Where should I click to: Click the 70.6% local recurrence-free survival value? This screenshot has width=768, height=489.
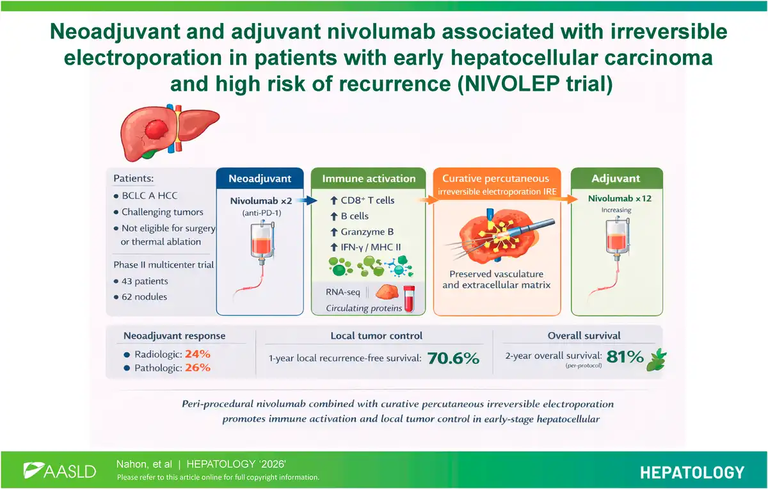coord(453,358)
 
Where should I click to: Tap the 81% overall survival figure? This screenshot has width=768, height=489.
coord(625,357)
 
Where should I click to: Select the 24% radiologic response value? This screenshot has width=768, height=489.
coord(198,354)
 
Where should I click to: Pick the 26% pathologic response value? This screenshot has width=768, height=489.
coord(198,367)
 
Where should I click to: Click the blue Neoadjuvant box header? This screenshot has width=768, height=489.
coord(260,179)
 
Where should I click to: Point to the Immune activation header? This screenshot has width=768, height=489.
coord(369,179)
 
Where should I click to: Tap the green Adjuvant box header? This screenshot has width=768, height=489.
coord(616,179)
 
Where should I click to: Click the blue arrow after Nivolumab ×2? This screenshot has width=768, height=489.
coord(307,200)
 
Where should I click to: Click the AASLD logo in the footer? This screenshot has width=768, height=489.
coord(60,471)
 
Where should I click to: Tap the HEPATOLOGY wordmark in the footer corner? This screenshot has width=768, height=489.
coord(692,472)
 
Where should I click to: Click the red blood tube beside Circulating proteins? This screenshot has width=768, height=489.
coord(409,298)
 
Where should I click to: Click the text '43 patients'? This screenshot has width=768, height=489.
coord(145,281)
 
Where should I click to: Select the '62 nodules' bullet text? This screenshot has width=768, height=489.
coord(145,296)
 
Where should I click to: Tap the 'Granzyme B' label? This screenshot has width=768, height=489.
coord(367,232)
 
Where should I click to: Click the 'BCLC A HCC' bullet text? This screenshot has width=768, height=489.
coord(150,195)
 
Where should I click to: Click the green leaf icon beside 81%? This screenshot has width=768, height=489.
coord(656,360)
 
